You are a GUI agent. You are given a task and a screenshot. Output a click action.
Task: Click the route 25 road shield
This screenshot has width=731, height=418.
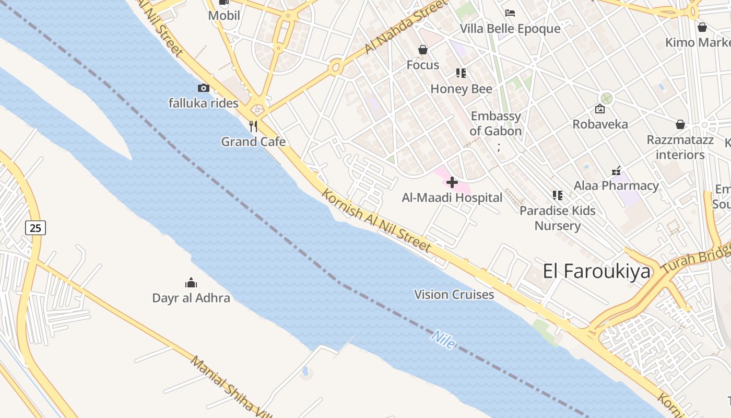[35, 227]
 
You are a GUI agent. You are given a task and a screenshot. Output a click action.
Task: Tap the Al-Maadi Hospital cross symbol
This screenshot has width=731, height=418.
[452, 182]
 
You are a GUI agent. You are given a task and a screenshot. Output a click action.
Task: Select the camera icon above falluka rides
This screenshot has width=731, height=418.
[204, 88]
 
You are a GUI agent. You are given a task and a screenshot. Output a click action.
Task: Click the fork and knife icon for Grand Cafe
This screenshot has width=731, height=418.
[253, 126]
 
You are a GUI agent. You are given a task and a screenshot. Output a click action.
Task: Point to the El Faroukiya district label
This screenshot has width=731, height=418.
[597, 272]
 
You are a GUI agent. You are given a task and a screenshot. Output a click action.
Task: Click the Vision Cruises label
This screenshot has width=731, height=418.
[454, 295]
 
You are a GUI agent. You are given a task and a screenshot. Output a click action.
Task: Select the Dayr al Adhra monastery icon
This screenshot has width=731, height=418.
[191, 283]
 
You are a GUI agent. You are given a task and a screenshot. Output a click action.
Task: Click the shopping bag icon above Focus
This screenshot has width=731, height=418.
[423, 50]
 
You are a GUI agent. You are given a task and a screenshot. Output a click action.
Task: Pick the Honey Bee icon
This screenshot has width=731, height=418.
[461, 73]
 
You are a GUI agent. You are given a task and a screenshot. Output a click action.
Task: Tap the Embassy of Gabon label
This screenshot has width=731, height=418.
[496, 123]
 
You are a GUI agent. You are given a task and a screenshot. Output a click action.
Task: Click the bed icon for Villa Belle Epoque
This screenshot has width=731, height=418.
[510, 13]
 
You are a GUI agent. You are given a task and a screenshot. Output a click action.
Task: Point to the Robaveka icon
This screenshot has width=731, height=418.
[600, 109]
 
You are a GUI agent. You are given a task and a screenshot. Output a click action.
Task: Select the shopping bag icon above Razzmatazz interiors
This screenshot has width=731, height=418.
[680, 124]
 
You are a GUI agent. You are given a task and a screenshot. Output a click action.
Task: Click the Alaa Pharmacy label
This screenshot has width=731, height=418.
[616, 185]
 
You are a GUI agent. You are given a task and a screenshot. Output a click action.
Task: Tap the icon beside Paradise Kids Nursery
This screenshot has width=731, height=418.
[557, 195]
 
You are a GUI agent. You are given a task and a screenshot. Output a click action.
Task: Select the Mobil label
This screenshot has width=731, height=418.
[224, 16]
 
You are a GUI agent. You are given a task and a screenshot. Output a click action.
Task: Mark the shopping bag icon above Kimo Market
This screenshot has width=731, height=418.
[702, 27]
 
